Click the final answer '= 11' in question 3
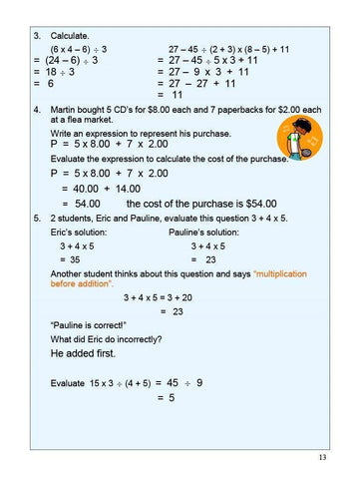[175, 97]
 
